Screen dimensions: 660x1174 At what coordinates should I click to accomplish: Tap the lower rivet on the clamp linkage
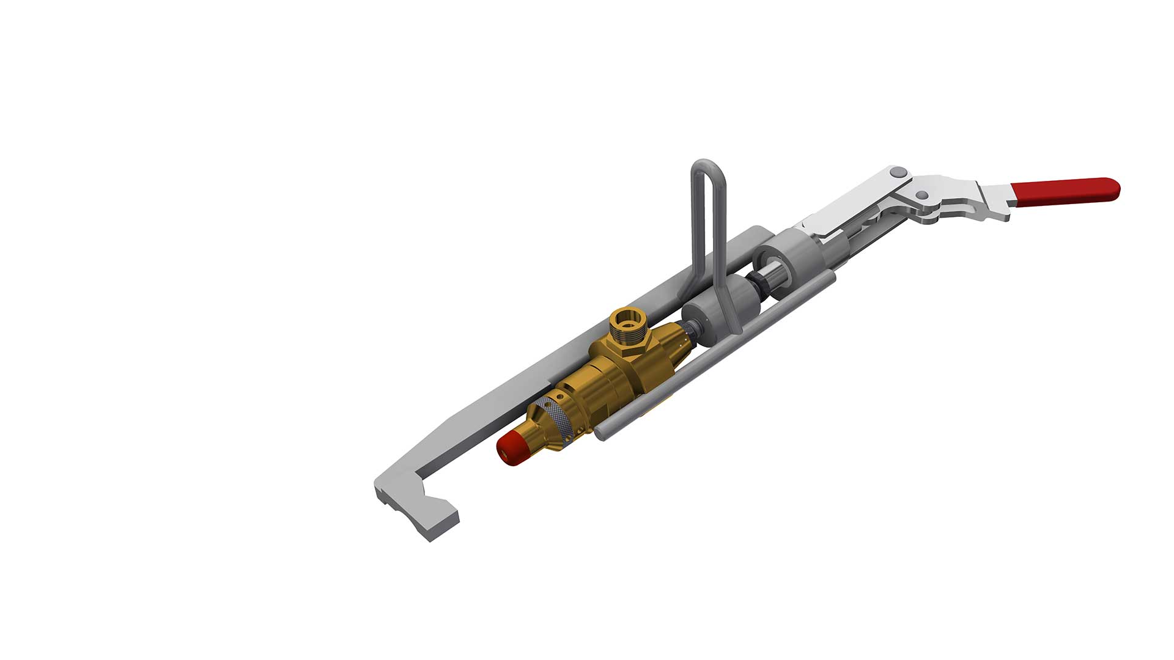tap(923, 195)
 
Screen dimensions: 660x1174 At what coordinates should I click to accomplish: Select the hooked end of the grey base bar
tap(422, 513)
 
